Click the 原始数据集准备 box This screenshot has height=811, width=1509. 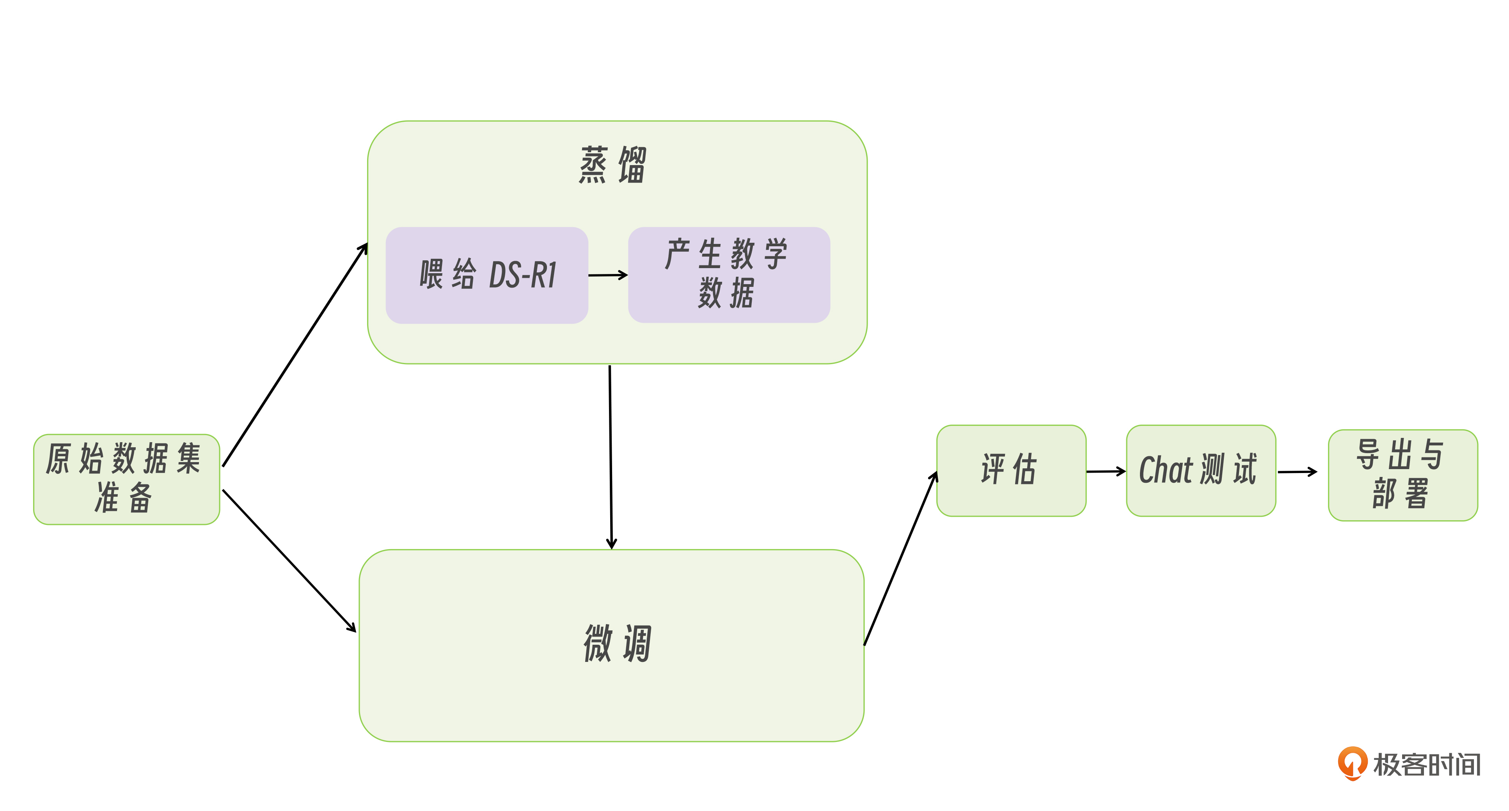[x=126, y=479]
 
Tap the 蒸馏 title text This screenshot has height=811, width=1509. [x=612, y=165]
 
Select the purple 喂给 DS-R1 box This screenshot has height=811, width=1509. [x=486, y=275]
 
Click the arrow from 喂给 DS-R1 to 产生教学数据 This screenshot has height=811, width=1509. [x=607, y=274]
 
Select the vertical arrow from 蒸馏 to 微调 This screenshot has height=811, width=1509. [x=611, y=457]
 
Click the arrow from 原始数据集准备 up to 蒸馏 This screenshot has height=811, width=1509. [x=295, y=355]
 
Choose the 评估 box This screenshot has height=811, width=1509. [x=1010, y=470]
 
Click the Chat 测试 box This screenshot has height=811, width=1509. [x=1200, y=470]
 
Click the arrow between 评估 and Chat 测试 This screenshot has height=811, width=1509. [x=1105, y=471]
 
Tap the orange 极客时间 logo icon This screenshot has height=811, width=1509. [x=1352, y=763]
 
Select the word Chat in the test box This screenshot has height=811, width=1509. [x=1165, y=470]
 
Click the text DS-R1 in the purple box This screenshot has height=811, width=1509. [x=522, y=275]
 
